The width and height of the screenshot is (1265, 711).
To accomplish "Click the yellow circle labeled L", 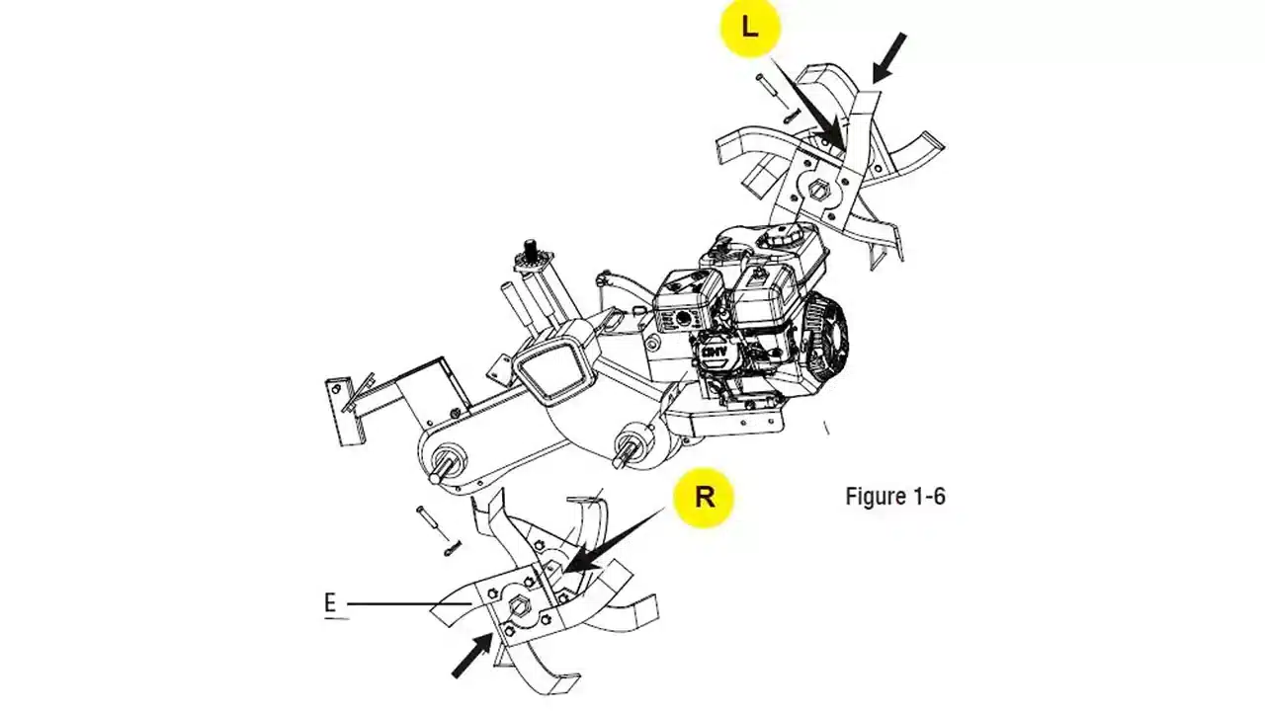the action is (750, 27).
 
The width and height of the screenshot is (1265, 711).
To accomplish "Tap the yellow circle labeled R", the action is (704, 497).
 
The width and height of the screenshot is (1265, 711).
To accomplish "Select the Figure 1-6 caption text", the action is (895, 497).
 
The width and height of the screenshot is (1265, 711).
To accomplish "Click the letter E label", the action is (330, 603).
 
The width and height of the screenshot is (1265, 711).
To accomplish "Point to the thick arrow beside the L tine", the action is (889, 58).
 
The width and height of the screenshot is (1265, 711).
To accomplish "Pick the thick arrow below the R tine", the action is (472, 655).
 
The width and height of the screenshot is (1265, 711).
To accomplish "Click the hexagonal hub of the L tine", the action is (819, 191).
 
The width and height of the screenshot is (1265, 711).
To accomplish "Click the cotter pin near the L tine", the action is (791, 117).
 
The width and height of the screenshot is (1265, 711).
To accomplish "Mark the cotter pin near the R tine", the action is (453, 547).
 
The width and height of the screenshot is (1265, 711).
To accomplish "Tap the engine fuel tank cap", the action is (782, 235).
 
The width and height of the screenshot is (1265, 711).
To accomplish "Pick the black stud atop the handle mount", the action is (530, 248).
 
